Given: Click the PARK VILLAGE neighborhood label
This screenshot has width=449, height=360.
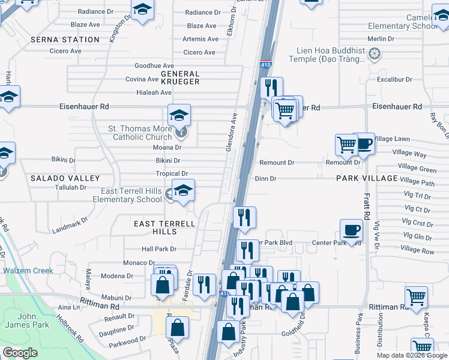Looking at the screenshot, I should pyautogui.click(x=367, y=179).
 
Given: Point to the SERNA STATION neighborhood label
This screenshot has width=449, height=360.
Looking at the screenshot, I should pyautogui.click(x=65, y=40).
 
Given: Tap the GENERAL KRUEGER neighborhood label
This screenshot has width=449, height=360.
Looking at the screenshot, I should pyautogui.click(x=180, y=76).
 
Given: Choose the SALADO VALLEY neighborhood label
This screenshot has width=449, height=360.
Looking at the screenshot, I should pyautogui.click(x=65, y=179).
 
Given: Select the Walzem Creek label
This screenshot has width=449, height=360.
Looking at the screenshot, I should pyautogui.click(x=28, y=271).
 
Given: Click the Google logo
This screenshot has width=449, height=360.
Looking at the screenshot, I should pyautogui.click(x=20, y=353).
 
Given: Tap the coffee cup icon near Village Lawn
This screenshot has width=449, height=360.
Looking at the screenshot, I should pyautogui.click(x=364, y=143).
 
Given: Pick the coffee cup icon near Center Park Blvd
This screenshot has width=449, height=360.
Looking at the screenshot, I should pyautogui.click(x=351, y=230).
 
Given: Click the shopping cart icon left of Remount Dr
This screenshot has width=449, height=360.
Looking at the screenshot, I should pyautogui.click(x=346, y=145).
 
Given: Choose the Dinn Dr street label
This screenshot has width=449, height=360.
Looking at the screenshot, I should pyautogui.click(x=265, y=179).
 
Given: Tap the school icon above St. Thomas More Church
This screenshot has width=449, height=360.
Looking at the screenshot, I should pyautogui.click(x=179, y=115).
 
